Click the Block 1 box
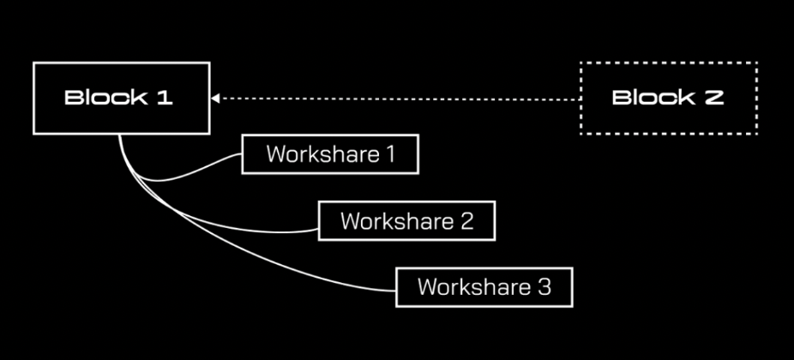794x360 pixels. (x=121, y=98)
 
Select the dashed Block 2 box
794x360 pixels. (x=668, y=98)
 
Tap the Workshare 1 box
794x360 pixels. (x=330, y=154)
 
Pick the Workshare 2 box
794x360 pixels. (x=407, y=221)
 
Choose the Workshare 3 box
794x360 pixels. (x=484, y=287)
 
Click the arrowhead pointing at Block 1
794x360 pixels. (x=215, y=98)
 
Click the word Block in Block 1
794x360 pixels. (x=99, y=98)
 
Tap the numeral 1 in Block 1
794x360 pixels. (x=165, y=98)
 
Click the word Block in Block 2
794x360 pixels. (x=646, y=98)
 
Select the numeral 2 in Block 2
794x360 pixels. (x=714, y=98)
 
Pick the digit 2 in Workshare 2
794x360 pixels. (x=466, y=221)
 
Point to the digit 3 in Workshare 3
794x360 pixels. (x=544, y=287)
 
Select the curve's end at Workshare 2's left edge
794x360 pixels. (x=319, y=228)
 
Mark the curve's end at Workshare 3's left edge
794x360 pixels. (x=396, y=289)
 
